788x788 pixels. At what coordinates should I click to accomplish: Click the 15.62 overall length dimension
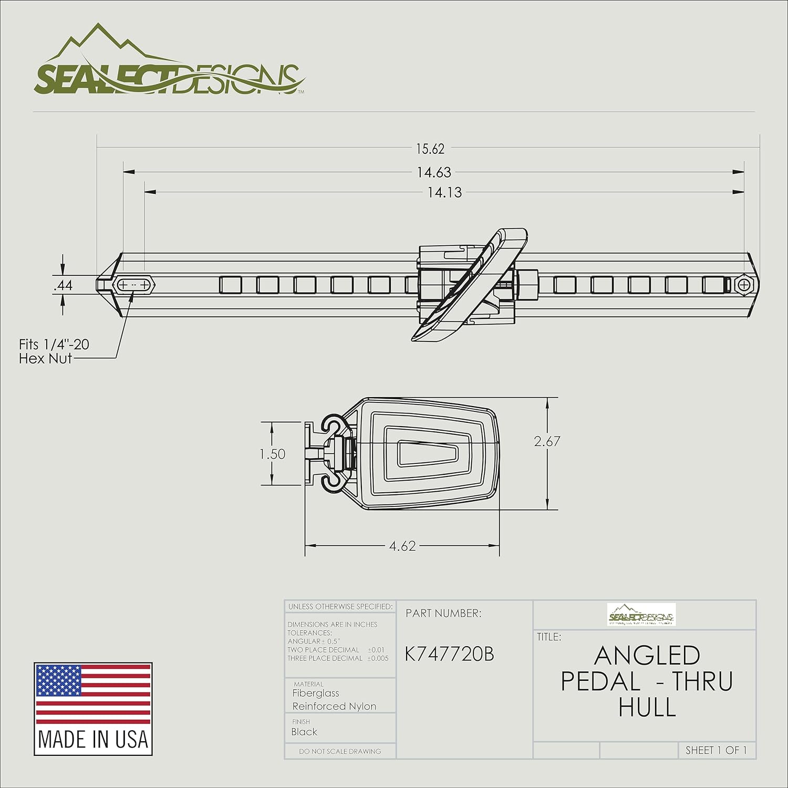(430, 149)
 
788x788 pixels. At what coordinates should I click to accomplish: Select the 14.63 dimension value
(434, 172)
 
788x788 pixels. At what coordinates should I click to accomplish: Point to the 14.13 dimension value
(444, 193)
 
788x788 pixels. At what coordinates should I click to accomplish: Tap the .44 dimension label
(64, 285)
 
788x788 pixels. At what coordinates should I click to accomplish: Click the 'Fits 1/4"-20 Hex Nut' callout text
(54, 351)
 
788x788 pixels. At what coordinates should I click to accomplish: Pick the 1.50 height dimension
(273, 454)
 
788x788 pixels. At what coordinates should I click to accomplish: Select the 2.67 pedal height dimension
(547, 441)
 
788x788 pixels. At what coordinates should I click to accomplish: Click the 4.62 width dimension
(402, 546)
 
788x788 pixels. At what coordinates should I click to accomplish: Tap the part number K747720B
(449, 655)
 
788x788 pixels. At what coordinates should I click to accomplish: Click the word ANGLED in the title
(647, 656)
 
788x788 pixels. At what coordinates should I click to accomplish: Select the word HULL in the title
(647, 707)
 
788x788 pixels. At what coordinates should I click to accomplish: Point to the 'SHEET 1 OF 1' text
(716, 750)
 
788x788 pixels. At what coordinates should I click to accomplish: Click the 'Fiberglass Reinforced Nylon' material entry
(334, 700)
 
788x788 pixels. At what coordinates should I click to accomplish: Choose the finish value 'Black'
(305, 732)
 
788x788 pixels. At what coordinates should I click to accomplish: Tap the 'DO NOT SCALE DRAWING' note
(340, 751)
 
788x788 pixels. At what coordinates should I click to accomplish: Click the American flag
(93, 693)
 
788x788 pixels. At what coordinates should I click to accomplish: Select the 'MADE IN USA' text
(93, 739)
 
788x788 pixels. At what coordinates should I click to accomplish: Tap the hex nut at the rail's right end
(743, 285)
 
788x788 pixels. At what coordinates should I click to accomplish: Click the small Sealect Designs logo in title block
(641, 615)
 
